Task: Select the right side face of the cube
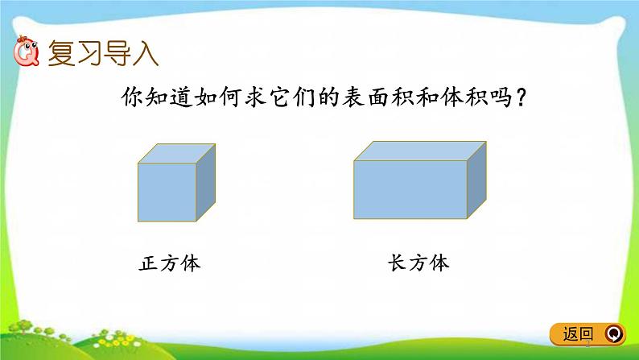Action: [x=207, y=184]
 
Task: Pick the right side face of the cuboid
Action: [x=477, y=180]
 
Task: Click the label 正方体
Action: [x=169, y=264]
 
